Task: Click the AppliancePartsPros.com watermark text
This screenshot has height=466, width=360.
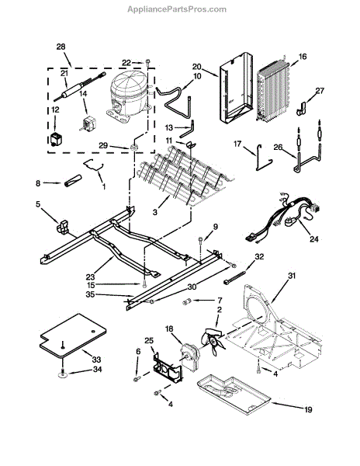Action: tap(177, 9)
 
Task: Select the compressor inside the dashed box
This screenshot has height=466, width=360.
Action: tap(128, 96)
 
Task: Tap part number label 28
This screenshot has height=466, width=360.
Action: tap(61, 47)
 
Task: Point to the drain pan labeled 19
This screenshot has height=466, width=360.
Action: tap(234, 394)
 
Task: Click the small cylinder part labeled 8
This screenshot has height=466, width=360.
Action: tap(73, 181)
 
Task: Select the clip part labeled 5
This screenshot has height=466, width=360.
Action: tap(62, 227)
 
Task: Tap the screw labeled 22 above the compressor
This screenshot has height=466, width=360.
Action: tap(147, 62)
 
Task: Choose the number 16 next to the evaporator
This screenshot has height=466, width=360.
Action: tap(303, 57)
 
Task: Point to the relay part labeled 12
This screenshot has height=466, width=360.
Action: tap(55, 139)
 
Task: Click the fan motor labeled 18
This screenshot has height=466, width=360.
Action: tap(191, 356)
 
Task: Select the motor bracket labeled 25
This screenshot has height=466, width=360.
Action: tap(168, 368)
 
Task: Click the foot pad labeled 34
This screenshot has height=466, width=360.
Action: tap(63, 374)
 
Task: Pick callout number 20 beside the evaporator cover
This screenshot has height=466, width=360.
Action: tap(197, 67)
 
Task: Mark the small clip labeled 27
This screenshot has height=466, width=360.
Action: tap(301, 109)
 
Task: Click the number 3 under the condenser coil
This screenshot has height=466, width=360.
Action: tap(155, 212)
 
